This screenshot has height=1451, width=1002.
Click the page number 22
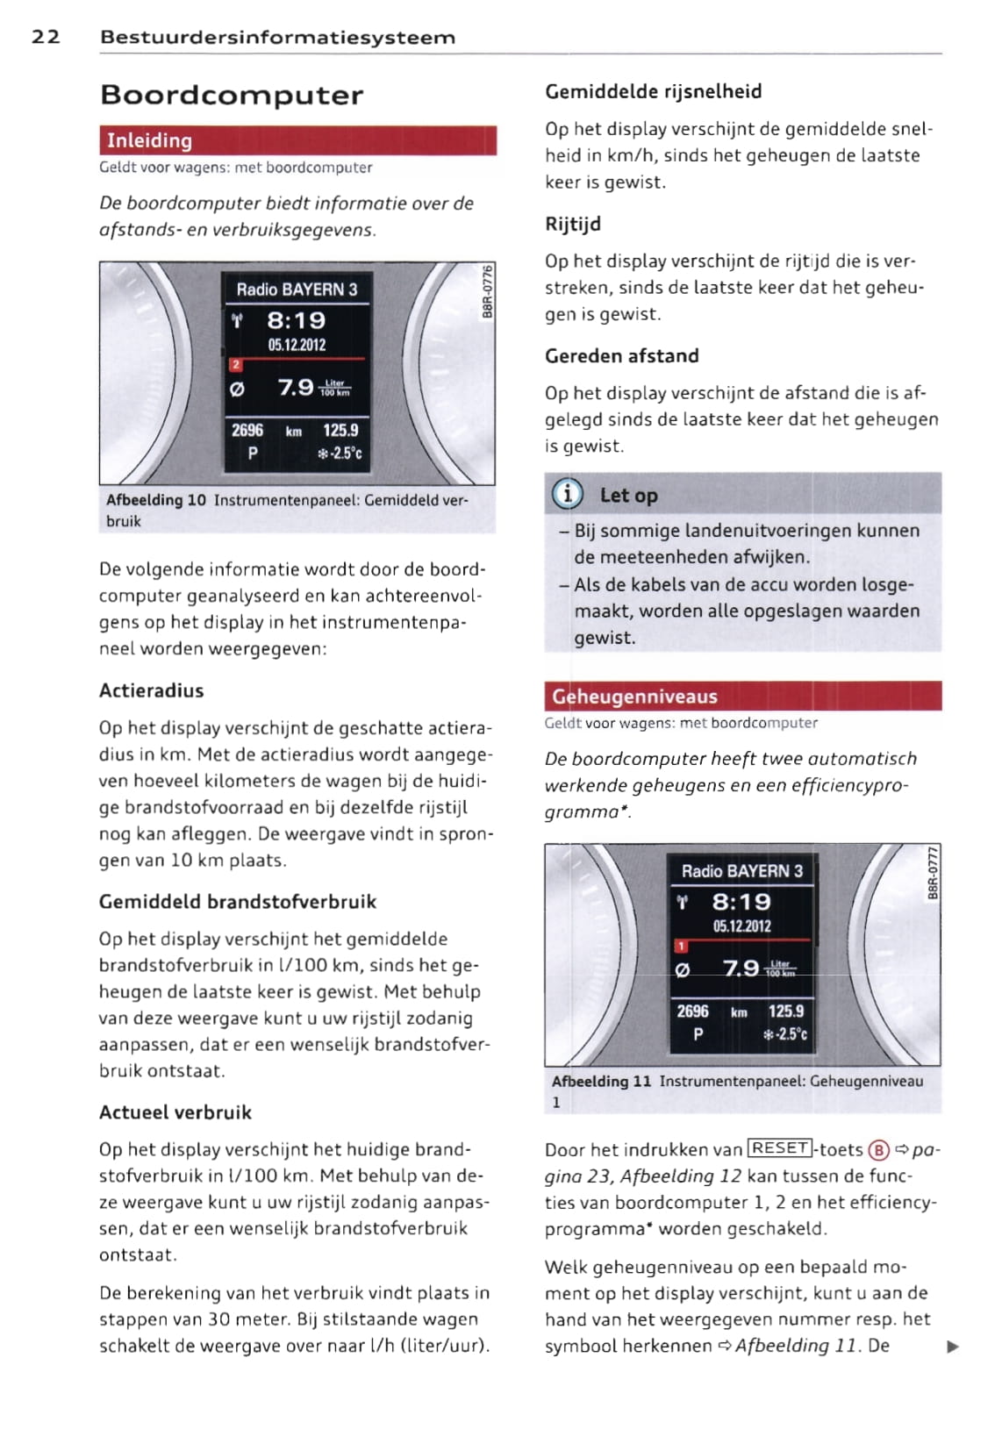(x=46, y=37)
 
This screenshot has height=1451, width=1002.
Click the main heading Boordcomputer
(x=232, y=95)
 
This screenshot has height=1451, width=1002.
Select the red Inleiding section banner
(x=297, y=140)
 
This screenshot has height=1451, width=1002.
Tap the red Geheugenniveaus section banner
(x=742, y=696)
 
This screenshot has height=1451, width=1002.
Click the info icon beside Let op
(x=568, y=495)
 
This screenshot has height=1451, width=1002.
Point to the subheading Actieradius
(x=151, y=690)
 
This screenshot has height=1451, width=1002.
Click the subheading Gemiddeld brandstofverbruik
(x=237, y=902)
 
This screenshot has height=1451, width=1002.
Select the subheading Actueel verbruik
(x=175, y=1112)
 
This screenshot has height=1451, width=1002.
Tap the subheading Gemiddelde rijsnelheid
(x=653, y=91)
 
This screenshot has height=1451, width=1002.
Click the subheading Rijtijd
(x=573, y=224)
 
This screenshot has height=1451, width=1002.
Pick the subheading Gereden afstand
(x=621, y=356)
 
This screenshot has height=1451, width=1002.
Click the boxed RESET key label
(x=780, y=1148)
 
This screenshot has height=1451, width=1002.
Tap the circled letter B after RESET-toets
(x=878, y=1150)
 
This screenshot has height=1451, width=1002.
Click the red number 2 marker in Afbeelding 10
(x=235, y=365)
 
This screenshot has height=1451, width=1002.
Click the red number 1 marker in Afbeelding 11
(x=681, y=946)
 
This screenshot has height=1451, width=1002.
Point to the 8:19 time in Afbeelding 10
(x=296, y=320)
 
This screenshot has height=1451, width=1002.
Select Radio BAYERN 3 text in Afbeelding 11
(x=741, y=871)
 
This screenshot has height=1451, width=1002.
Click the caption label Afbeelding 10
(x=155, y=500)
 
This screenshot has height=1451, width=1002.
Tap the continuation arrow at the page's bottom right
(x=953, y=1347)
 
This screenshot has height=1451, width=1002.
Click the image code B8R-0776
(x=488, y=292)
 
